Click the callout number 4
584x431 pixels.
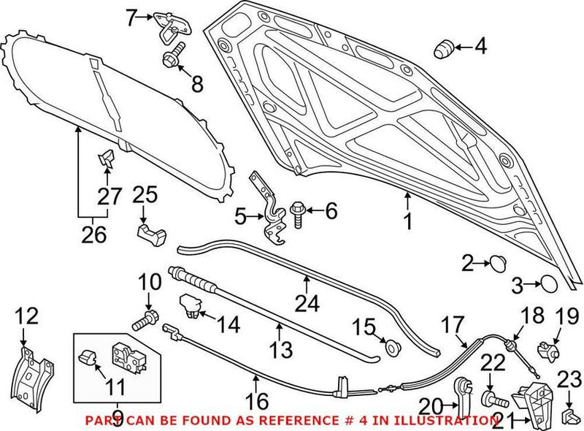[x=480, y=48]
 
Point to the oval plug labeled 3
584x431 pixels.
[x=549, y=283]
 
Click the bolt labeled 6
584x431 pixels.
[x=299, y=212]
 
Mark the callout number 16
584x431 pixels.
[x=256, y=400]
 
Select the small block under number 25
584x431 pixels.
[x=151, y=235]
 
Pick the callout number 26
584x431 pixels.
[x=93, y=235]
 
